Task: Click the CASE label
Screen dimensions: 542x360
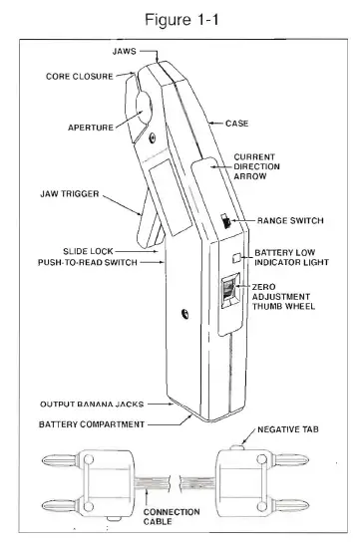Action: [x=237, y=123]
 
